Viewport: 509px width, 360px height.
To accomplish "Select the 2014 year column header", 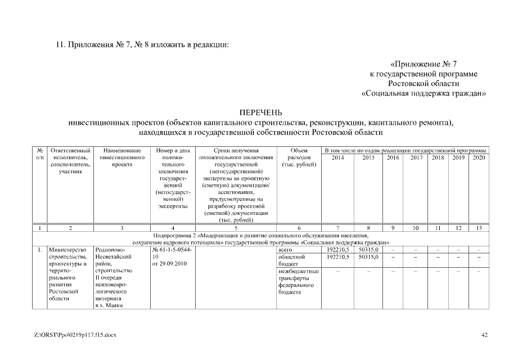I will point(338,158).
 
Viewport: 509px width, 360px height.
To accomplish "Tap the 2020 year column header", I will point(479,158).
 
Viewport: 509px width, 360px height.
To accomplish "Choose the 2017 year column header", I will point(417,158).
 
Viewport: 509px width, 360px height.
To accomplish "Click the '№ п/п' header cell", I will point(40,154).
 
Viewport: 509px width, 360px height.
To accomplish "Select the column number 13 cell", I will point(479,228).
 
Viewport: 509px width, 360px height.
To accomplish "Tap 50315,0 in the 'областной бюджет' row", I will point(368,256).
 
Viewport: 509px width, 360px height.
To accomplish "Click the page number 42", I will point(484,336).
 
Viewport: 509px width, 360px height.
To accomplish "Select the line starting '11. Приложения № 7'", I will point(142,44).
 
